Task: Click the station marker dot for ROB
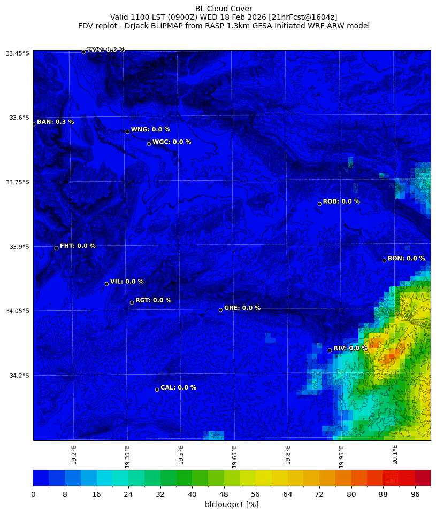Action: click(x=319, y=204)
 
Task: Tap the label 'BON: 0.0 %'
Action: click(x=406, y=259)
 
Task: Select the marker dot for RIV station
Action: click(x=330, y=350)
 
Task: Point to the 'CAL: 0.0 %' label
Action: click(x=178, y=388)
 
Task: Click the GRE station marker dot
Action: click(x=220, y=310)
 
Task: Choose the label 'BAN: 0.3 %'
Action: click(x=55, y=122)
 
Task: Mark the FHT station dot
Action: click(x=56, y=248)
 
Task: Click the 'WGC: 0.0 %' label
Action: click(x=171, y=142)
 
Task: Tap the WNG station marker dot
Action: click(x=127, y=131)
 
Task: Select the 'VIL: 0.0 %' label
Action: click(x=127, y=282)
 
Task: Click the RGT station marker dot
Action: click(x=132, y=302)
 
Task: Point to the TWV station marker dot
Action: click(x=83, y=52)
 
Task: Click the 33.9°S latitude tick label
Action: click(x=17, y=246)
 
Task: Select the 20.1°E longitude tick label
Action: click(x=395, y=455)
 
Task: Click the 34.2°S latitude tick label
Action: click(x=17, y=376)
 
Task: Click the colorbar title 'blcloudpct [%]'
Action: click(x=232, y=504)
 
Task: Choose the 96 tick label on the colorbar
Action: click(x=415, y=494)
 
